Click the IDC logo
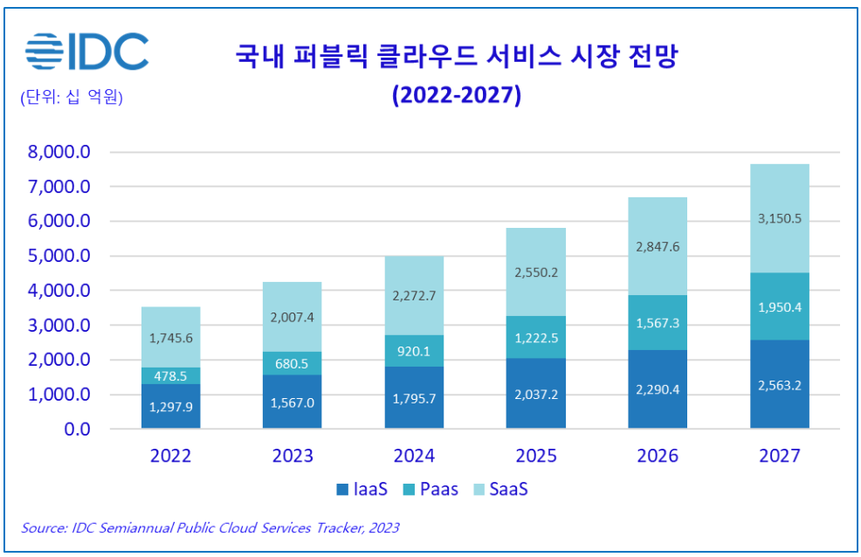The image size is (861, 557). click(x=86, y=52)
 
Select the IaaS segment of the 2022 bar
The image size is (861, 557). click(x=171, y=406)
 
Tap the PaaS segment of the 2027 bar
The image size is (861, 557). click(x=779, y=306)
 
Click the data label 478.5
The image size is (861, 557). click(x=171, y=376)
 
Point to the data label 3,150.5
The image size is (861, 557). click(x=779, y=218)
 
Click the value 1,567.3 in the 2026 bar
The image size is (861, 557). click(x=658, y=323)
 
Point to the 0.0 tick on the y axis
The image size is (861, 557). click(x=78, y=430)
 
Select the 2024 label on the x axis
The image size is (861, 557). click(x=415, y=456)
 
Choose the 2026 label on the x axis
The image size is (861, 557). click(x=658, y=456)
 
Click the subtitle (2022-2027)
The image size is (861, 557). click(x=456, y=94)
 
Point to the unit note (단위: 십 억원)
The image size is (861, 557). click(x=72, y=97)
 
